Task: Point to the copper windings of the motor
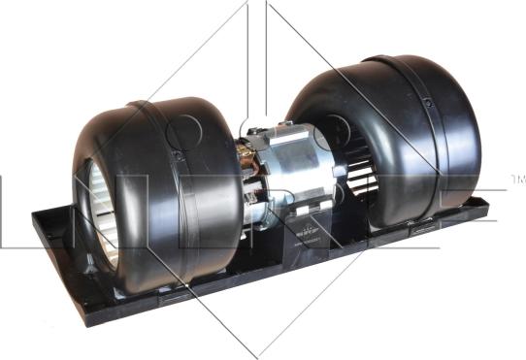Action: [254, 184]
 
